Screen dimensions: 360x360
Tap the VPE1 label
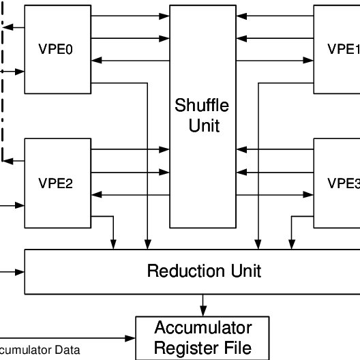pyautogui.click(x=343, y=49)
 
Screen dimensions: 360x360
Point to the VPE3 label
pyautogui.click(x=343, y=183)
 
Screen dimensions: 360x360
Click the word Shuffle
pyautogui.click(x=202, y=106)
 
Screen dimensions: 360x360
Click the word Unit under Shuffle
pyautogui.click(x=203, y=126)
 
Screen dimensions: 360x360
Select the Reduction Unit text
pyautogui.click(x=204, y=271)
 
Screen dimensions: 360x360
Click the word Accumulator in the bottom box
pyautogui.click(x=202, y=327)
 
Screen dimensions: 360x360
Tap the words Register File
pyautogui.click(x=202, y=347)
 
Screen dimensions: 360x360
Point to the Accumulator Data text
pyautogui.click(x=40, y=350)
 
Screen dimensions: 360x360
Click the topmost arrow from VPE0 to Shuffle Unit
pyautogui.click(x=130, y=16)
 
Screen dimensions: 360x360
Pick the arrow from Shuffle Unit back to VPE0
pyautogui.click(x=130, y=61)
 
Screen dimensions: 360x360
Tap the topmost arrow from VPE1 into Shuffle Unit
pyautogui.click(x=275, y=16)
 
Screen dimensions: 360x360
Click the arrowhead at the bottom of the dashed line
pyautogui.click(x=6, y=161)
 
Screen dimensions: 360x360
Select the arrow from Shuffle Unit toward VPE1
pyautogui.click(x=275, y=61)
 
